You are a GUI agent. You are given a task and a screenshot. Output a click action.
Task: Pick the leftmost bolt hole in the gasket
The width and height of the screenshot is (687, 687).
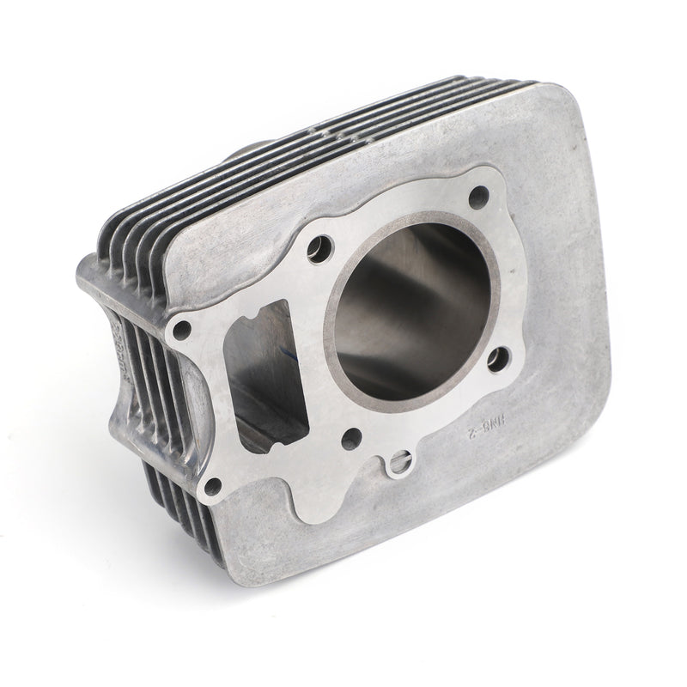pyautogui.click(x=181, y=328)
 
